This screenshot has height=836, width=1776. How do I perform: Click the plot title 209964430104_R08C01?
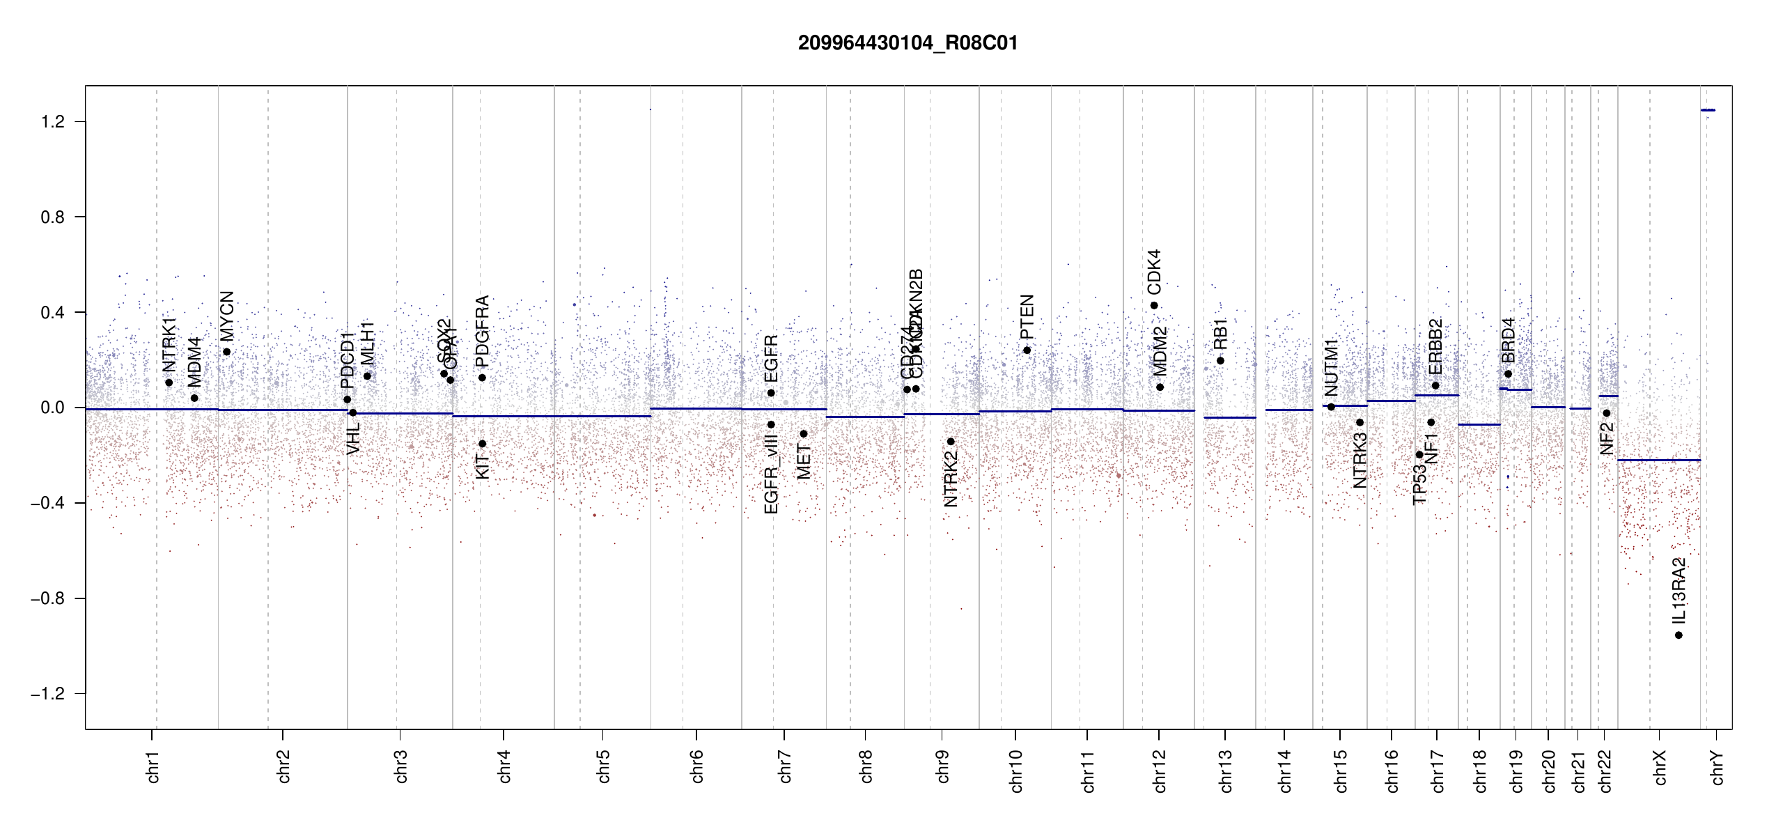(x=908, y=43)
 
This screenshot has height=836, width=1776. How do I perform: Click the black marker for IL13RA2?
(x=1678, y=635)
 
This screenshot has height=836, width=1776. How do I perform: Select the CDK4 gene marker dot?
(x=1154, y=305)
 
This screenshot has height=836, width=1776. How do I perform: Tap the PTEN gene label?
(x=1027, y=317)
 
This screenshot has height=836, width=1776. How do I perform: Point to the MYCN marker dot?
(x=226, y=352)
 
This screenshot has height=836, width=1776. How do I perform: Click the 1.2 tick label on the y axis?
(x=53, y=122)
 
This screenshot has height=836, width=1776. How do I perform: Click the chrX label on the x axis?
(x=1660, y=767)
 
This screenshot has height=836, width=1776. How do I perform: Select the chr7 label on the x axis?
(x=785, y=767)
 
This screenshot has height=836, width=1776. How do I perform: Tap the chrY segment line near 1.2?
(x=1708, y=110)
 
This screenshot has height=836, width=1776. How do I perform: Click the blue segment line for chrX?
(x=1658, y=460)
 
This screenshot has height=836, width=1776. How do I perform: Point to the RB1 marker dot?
(x=1220, y=361)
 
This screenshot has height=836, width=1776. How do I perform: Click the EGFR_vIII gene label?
(x=771, y=473)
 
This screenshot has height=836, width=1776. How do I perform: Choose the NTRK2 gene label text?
(x=951, y=478)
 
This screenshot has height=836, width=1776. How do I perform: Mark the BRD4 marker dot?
(x=1508, y=374)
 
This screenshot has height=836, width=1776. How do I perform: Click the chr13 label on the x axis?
(x=1226, y=771)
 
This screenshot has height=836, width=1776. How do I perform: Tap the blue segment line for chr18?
(x=1479, y=424)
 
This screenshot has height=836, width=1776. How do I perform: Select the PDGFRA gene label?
(x=482, y=331)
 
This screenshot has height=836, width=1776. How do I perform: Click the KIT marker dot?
(x=482, y=444)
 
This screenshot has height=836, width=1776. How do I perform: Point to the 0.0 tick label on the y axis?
(x=53, y=408)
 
